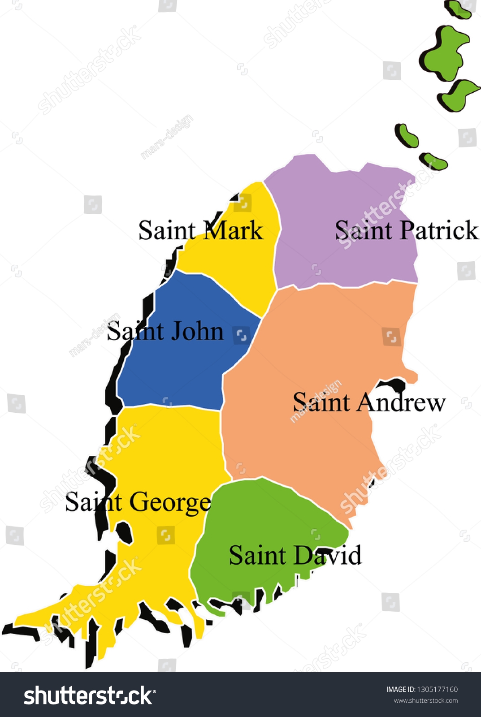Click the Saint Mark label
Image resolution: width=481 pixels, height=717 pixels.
200,230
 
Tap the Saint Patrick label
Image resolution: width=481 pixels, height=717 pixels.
407,230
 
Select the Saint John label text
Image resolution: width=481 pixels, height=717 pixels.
165,332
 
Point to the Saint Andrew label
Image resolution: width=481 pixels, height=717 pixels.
369,402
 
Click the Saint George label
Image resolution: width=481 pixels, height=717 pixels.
138,502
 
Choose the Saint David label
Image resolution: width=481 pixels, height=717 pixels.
295,555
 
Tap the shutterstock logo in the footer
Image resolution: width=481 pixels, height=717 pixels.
90,695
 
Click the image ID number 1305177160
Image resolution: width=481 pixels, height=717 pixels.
437,690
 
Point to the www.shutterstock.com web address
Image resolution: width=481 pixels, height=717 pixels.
425,701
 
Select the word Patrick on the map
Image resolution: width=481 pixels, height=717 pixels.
439,230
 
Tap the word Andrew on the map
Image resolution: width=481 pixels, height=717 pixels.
401,402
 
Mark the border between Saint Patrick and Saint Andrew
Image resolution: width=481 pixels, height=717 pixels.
345,285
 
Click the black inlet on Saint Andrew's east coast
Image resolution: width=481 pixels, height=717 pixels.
393,384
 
